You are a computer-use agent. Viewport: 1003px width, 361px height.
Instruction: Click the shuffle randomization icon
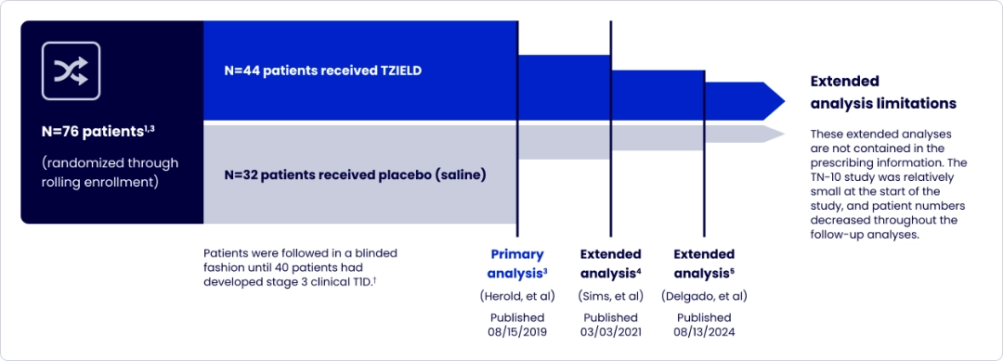pyautogui.click(x=71, y=70)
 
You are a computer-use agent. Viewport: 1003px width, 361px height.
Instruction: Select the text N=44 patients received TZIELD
pyautogui.click(x=323, y=70)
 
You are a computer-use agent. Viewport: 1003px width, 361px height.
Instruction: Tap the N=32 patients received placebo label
pyautogui.click(x=356, y=174)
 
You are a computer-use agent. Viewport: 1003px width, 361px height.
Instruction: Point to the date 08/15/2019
pyautogui.click(x=517, y=332)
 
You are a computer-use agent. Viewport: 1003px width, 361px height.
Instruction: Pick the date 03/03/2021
pyautogui.click(x=610, y=332)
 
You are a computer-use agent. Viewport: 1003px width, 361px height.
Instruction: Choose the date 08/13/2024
pyautogui.click(x=704, y=332)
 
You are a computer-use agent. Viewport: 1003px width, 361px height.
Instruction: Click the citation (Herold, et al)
pyautogui.click(x=517, y=296)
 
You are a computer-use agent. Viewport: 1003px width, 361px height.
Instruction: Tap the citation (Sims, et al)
pyautogui.click(x=610, y=296)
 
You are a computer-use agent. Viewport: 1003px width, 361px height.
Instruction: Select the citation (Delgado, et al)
pyautogui.click(x=704, y=296)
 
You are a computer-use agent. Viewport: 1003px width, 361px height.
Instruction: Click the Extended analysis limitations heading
pyautogui.click(x=882, y=92)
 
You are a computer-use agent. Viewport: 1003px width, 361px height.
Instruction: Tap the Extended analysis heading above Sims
pyautogui.click(x=610, y=264)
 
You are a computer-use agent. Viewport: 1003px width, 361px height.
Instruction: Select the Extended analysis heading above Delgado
pyautogui.click(x=704, y=264)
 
